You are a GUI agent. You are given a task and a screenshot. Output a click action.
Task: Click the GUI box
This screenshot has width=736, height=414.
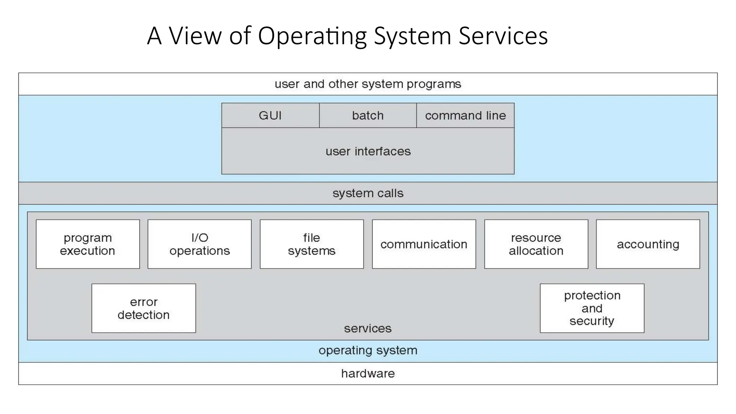pos(270,115)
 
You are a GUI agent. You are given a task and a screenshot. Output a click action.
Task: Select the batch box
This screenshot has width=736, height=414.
pos(368,115)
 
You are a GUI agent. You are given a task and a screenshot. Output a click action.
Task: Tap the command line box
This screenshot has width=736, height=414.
pos(465,115)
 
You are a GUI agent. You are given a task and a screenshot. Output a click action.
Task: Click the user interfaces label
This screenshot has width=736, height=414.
pos(368,151)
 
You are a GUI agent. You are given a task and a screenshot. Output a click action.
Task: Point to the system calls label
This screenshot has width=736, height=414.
pos(368,193)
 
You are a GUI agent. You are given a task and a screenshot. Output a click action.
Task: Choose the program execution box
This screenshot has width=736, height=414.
pos(88,244)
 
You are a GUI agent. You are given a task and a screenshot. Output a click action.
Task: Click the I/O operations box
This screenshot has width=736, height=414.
pos(199,244)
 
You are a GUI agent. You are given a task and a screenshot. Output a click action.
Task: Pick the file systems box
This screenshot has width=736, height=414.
pos(312,244)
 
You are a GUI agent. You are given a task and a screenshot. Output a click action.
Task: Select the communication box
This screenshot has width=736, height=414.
pos(424,244)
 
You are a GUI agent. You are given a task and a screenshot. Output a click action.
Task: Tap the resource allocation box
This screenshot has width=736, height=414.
pos(536,244)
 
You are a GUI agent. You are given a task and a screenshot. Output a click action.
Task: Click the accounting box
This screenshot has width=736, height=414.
pos(648,244)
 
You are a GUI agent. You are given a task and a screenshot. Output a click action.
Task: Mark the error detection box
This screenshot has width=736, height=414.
pos(143,308)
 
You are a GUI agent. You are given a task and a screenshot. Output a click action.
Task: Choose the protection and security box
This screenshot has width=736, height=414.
pos(592,308)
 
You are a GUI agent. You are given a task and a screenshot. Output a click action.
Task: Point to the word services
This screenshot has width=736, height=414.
pos(368,328)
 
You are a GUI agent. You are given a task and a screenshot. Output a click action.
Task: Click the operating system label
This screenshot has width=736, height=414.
pos(368,350)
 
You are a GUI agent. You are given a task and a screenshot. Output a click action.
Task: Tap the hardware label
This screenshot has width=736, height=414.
pos(368,374)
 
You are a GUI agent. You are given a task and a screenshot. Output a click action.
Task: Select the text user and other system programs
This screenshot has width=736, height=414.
pos(368,84)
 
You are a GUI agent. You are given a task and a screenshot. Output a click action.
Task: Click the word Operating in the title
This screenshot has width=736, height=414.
pos(312,36)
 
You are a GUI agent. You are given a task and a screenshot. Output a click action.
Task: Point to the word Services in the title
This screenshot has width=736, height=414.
pos(503,36)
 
